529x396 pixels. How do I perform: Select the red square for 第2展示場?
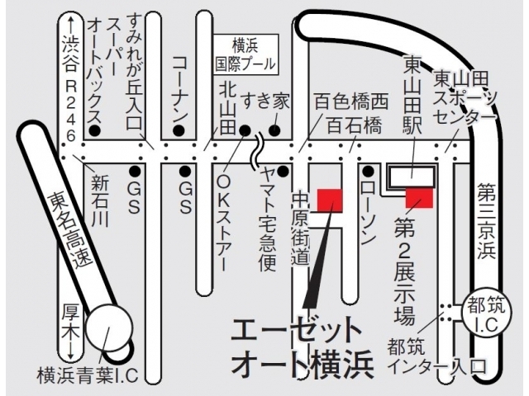pos(418,199)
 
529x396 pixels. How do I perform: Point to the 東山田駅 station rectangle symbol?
pos(411,176)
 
